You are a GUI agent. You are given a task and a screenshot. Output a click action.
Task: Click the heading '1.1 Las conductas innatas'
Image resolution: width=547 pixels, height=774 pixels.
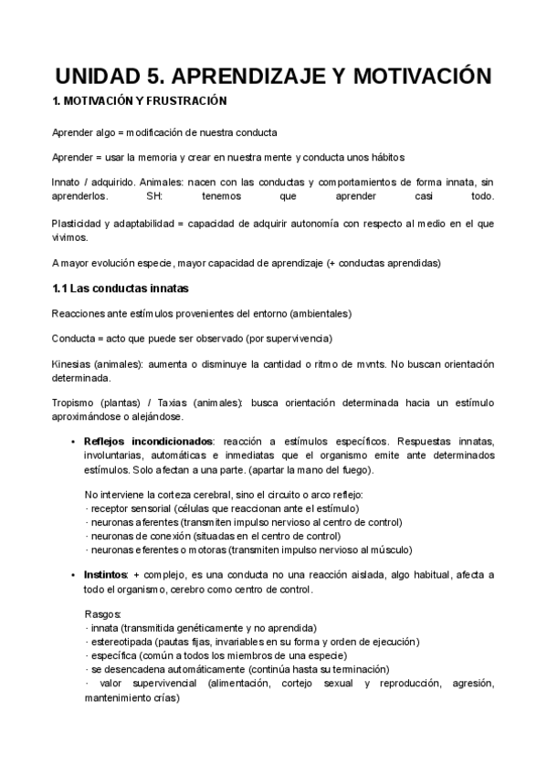coord(121,289)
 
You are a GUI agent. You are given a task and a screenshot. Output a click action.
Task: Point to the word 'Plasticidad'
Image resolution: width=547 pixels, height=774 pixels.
coord(80,224)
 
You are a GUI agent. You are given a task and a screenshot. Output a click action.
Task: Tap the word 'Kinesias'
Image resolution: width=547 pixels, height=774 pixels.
coord(74,364)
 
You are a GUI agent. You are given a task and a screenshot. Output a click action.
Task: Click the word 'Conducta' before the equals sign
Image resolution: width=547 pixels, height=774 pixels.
coord(74,339)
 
